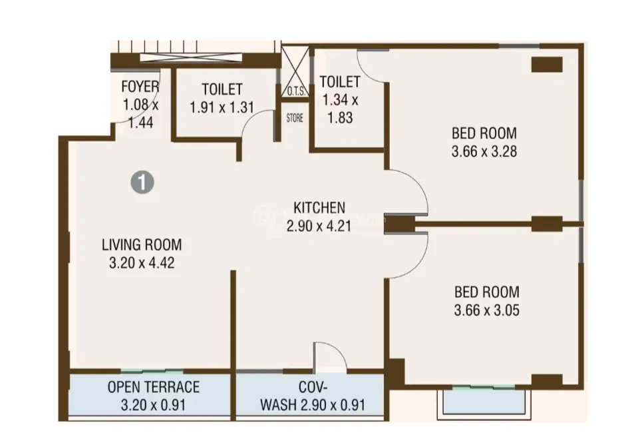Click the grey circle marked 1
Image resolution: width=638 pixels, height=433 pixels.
point(142,182)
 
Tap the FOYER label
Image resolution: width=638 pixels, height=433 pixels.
point(140,87)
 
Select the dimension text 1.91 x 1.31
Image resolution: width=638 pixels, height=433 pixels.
point(222,107)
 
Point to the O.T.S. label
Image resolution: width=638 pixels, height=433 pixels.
point(296,91)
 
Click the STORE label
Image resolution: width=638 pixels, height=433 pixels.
point(295,118)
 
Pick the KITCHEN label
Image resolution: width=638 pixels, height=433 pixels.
point(319,208)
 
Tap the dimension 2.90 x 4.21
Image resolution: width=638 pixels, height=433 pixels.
point(319,226)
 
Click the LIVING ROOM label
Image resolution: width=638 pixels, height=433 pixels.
point(142,244)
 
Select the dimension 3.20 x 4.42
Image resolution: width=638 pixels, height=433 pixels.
point(142,263)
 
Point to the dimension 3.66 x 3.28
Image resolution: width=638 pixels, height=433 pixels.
point(484,151)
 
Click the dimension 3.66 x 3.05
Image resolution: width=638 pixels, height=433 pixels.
point(486,310)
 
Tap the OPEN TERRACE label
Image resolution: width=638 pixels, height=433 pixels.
point(154,387)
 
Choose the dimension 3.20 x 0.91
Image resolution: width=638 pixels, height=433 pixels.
point(154,405)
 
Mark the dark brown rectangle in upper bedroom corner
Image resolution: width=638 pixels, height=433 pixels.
point(547,65)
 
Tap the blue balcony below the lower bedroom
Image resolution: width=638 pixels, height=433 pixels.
point(481,401)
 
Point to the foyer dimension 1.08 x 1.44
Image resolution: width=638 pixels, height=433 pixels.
point(140,113)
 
